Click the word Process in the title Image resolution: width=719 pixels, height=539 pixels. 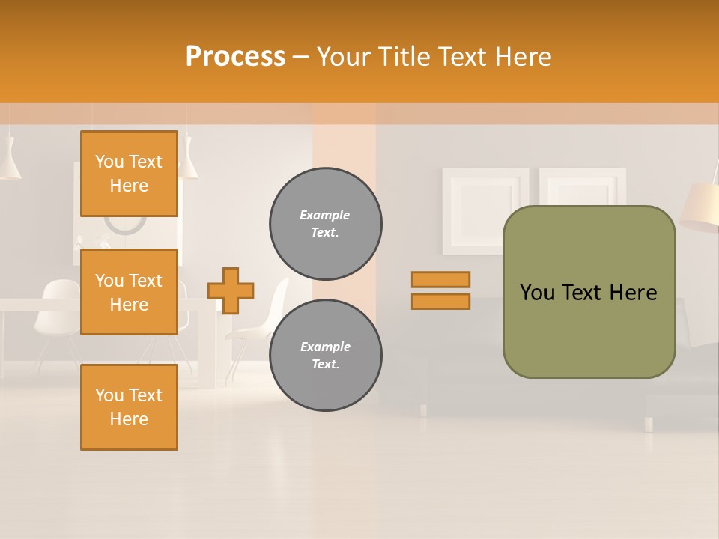pyautogui.click(x=235, y=57)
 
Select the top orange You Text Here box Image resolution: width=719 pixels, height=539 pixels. pyautogui.click(x=129, y=174)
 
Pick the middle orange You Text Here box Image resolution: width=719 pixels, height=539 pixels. pyautogui.click(x=129, y=292)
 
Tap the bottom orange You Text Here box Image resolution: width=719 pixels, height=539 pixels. pyautogui.click(x=129, y=406)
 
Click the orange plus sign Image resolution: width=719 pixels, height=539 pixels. pyautogui.click(x=231, y=290)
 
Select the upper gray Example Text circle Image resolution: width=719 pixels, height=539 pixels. pyautogui.click(x=325, y=224)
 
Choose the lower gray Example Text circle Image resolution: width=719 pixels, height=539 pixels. pyautogui.click(x=325, y=356)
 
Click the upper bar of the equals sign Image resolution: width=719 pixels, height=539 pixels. pyautogui.click(x=440, y=279)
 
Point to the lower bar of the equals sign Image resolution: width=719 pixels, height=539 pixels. pyautogui.click(x=440, y=302)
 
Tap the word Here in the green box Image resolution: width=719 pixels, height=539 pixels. pyautogui.click(x=633, y=293)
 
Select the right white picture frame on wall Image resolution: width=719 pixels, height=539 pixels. pyautogui.click(x=583, y=187)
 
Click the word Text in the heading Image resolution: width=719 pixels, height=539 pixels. pyautogui.click(x=461, y=57)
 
